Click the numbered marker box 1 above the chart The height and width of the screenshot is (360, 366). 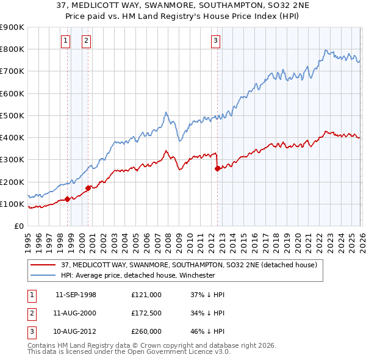pos(65,41)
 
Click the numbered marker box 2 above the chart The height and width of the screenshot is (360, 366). pos(86,41)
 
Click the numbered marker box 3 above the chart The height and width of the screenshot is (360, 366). pos(215,41)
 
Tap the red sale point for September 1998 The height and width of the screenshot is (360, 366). pos(67,199)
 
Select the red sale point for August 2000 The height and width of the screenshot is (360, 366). pos(88,188)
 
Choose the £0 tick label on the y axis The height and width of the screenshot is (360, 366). pos(18,226)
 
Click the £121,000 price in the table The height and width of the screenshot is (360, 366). pos(146,295)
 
